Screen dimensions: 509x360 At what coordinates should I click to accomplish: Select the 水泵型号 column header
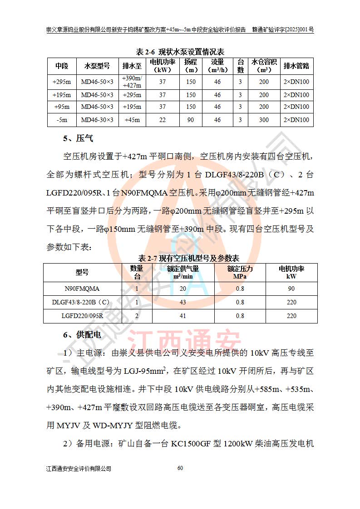pos(97,66)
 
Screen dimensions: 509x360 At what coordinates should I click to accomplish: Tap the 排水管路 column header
pos(296,66)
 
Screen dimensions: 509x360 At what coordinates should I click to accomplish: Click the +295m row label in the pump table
pos(62,82)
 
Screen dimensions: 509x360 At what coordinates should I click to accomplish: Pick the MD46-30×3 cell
pos(97,120)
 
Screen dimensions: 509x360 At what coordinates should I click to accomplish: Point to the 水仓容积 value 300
pos(264,120)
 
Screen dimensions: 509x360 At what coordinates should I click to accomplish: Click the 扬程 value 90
pos(191,120)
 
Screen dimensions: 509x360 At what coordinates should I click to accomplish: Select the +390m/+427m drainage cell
pos(132,82)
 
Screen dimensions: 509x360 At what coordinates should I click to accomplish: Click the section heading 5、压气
pos(78,139)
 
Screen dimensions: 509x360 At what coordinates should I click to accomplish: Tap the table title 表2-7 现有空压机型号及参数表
pos(188,258)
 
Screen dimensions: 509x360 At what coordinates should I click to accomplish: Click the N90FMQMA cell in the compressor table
pos(82,289)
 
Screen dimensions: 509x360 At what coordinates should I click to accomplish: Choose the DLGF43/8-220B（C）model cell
pos(82,302)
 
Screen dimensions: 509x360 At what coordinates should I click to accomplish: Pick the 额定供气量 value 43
pos(183,302)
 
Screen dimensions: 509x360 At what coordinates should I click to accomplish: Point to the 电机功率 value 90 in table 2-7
pos(291,289)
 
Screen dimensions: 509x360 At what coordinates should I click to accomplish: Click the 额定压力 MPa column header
pos(240,272)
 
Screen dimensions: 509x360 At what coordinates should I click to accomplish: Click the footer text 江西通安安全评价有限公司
pos(79,468)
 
